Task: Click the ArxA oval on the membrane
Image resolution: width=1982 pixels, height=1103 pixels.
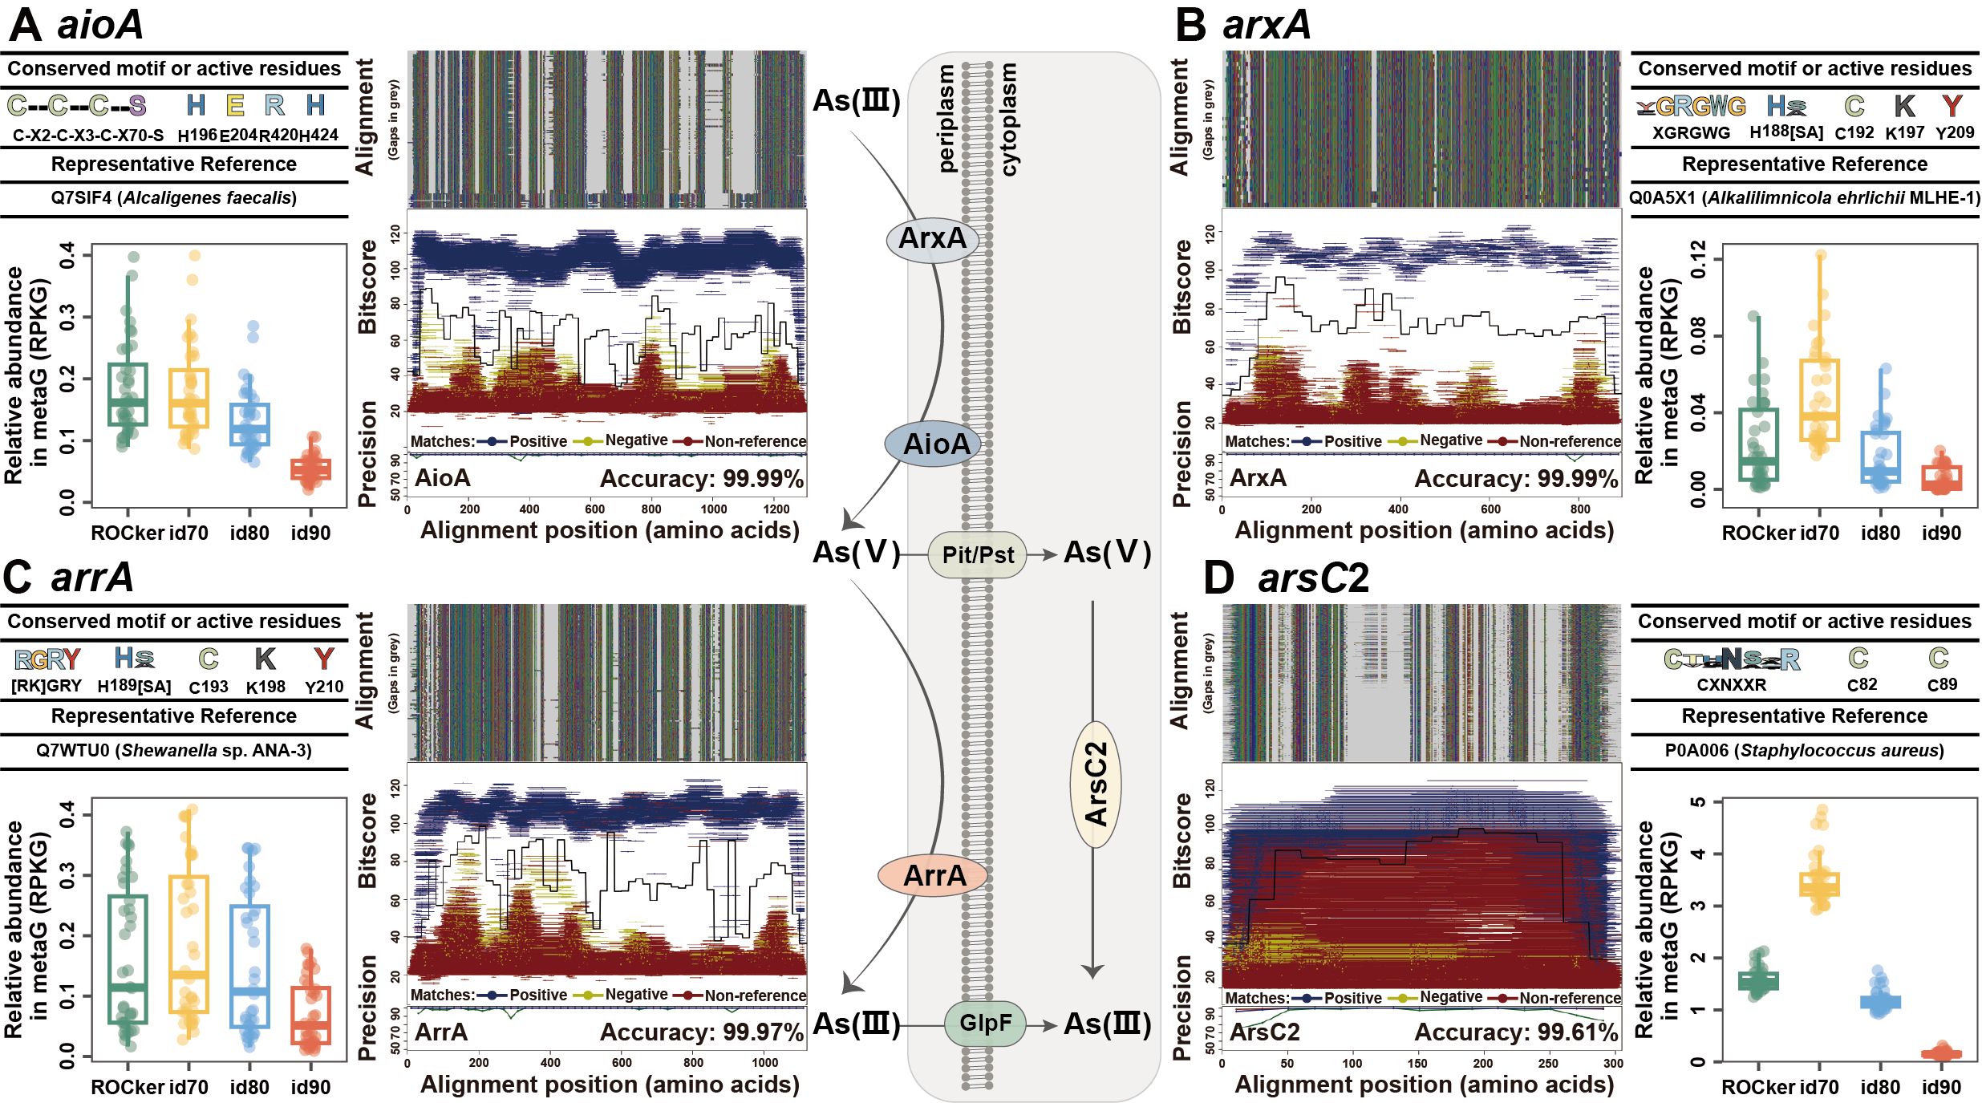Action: pyautogui.click(x=932, y=238)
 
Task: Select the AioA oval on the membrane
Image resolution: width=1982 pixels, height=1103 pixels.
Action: pyautogui.click(x=936, y=444)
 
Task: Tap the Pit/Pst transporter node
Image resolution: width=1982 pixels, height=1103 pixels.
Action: pyautogui.click(x=977, y=554)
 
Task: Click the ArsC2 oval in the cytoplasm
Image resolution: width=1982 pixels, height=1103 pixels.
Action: pyautogui.click(x=1096, y=784)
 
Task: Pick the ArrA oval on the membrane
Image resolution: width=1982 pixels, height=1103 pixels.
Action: pyautogui.click(x=934, y=875)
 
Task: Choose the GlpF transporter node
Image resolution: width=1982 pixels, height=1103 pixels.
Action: pyautogui.click(x=985, y=1023)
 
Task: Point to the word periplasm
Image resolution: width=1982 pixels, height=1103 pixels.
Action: pyautogui.click(x=946, y=119)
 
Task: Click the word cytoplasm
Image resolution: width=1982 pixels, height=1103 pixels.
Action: pyautogui.click(x=1009, y=119)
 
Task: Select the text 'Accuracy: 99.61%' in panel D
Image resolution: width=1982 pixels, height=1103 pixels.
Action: pyautogui.click(x=1515, y=1032)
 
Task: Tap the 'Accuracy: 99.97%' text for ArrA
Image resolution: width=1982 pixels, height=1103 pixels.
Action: pyautogui.click(x=701, y=1032)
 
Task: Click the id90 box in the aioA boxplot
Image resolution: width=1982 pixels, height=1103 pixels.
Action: pyautogui.click(x=310, y=469)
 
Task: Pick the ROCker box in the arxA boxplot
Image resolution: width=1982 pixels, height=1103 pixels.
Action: pyautogui.click(x=1759, y=444)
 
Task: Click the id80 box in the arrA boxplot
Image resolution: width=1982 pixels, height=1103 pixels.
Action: pyautogui.click(x=249, y=966)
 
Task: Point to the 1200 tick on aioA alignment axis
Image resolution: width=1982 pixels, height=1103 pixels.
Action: pyautogui.click(x=776, y=509)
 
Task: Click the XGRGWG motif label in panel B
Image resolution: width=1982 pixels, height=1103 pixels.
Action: pyautogui.click(x=1691, y=133)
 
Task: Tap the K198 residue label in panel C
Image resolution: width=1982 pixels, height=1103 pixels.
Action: pyautogui.click(x=265, y=687)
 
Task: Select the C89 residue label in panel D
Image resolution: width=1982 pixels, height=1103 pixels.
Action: pyautogui.click(x=1942, y=684)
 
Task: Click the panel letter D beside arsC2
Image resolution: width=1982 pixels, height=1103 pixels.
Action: pyautogui.click(x=1219, y=578)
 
